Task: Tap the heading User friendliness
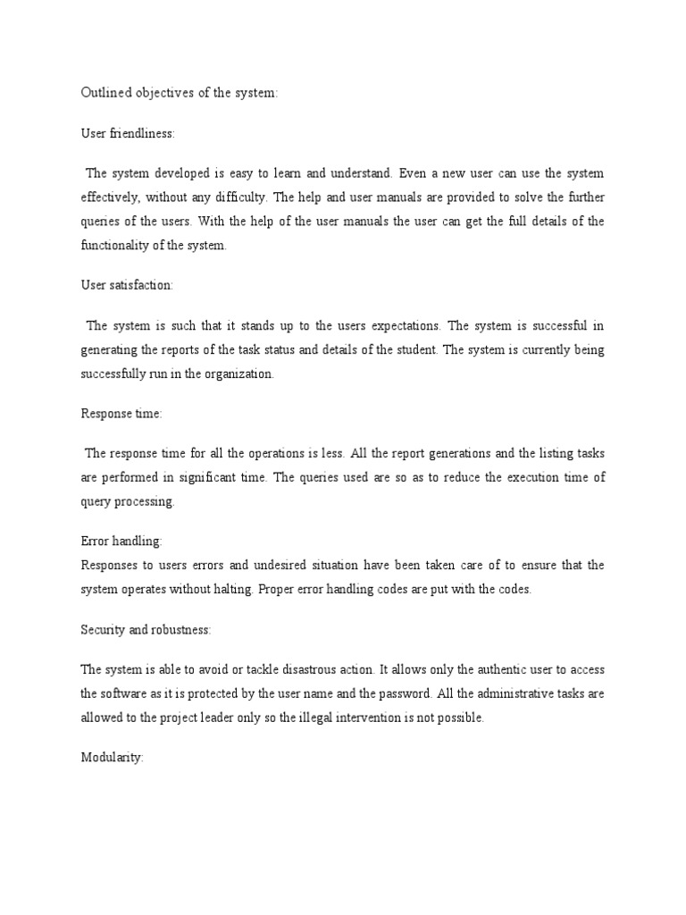128,133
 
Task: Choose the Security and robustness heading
146,630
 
